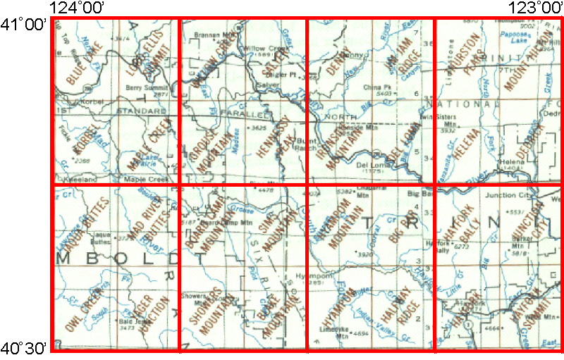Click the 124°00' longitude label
click(x=78, y=8)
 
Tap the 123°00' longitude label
click(x=534, y=8)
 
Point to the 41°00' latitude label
click(x=25, y=25)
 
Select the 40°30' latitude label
click(x=25, y=347)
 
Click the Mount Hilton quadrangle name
click(x=524, y=67)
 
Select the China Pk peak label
click(x=372, y=87)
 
